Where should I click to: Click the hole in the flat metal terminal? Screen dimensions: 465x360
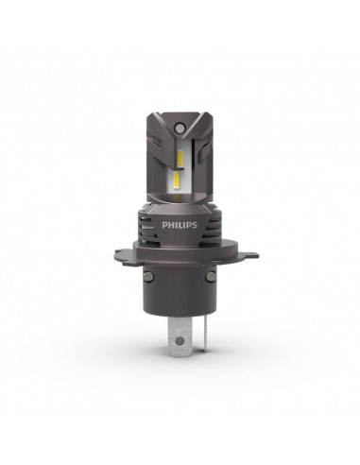pos(176,333)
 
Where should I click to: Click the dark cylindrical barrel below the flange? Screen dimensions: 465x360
pos(180,288)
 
